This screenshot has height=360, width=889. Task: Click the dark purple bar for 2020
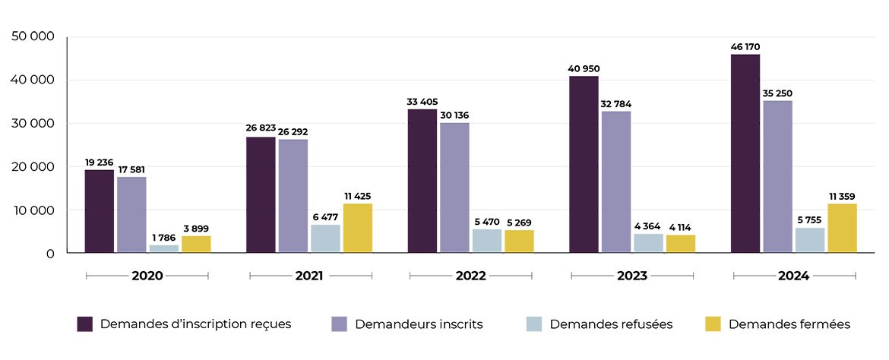click(99, 211)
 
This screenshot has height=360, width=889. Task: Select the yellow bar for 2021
click(357, 228)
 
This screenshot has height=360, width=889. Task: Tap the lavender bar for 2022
click(454, 188)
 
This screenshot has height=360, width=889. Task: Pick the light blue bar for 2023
click(648, 243)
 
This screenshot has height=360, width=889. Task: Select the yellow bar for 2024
click(842, 228)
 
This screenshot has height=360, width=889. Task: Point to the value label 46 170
click(745, 47)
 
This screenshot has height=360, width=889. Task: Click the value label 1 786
click(163, 238)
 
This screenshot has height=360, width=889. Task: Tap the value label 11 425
click(357, 197)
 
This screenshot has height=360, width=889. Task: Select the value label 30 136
click(454, 115)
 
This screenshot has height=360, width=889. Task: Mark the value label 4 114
click(680, 227)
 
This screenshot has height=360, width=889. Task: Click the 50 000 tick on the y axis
click(33, 36)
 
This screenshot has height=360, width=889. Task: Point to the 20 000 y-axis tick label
click(33, 167)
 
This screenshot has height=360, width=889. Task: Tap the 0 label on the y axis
click(50, 254)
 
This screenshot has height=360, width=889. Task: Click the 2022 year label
click(470, 276)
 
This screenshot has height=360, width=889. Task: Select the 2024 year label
click(793, 276)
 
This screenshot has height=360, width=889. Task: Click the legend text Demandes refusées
click(611, 324)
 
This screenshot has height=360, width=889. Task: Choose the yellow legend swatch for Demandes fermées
click(713, 324)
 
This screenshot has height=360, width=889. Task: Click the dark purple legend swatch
click(85, 324)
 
